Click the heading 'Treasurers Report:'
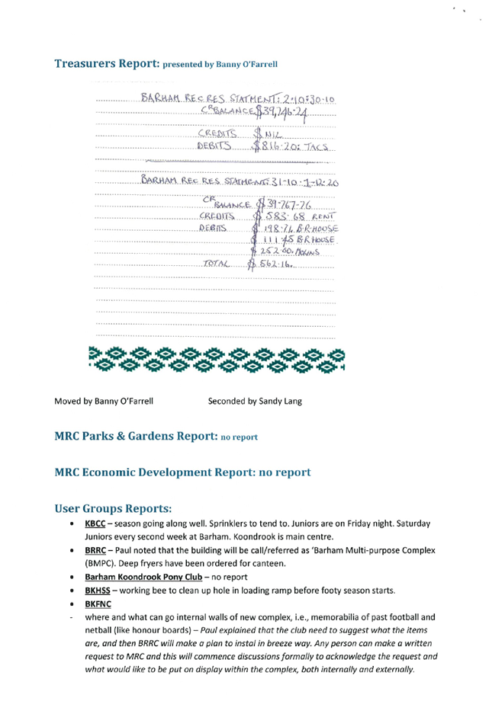coord(106,63)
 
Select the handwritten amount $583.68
coord(276,216)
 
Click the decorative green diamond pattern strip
coord(216,359)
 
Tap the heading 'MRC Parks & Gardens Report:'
coord(136,437)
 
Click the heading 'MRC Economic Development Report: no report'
coord(182,472)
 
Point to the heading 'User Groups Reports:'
coord(112,508)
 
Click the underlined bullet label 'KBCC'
coord(95,524)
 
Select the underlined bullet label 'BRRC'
coord(95,550)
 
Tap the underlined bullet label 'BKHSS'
coord(97,591)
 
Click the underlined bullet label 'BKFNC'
coord(98,604)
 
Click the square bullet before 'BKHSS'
coord(71,591)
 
